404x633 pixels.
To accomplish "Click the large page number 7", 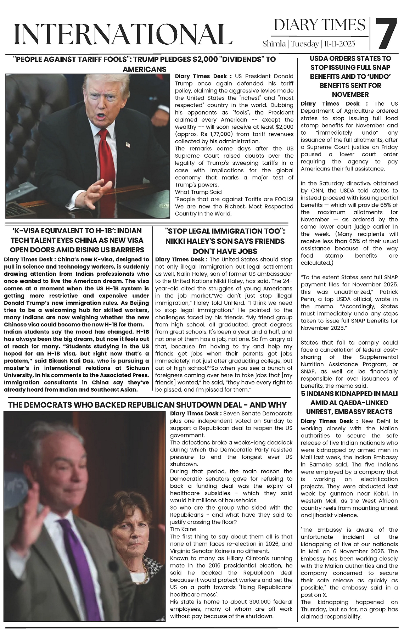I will (x=386, y=34).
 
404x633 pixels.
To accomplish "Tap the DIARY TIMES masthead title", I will (x=320, y=25).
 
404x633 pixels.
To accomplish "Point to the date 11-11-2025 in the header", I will (x=339, y=44).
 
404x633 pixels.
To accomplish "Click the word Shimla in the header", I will (x=274, y=44).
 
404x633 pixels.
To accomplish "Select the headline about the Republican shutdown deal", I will (x=147, y=405).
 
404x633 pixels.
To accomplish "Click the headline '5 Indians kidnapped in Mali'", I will (x=349, y=403).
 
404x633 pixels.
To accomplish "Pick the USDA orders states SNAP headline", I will (x=350, y=76).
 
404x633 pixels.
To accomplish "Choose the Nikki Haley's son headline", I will (x=225, y=241).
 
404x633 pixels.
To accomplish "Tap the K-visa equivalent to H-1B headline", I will (x=77, y=240).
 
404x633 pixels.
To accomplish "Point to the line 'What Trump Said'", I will (x=193, y=192).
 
